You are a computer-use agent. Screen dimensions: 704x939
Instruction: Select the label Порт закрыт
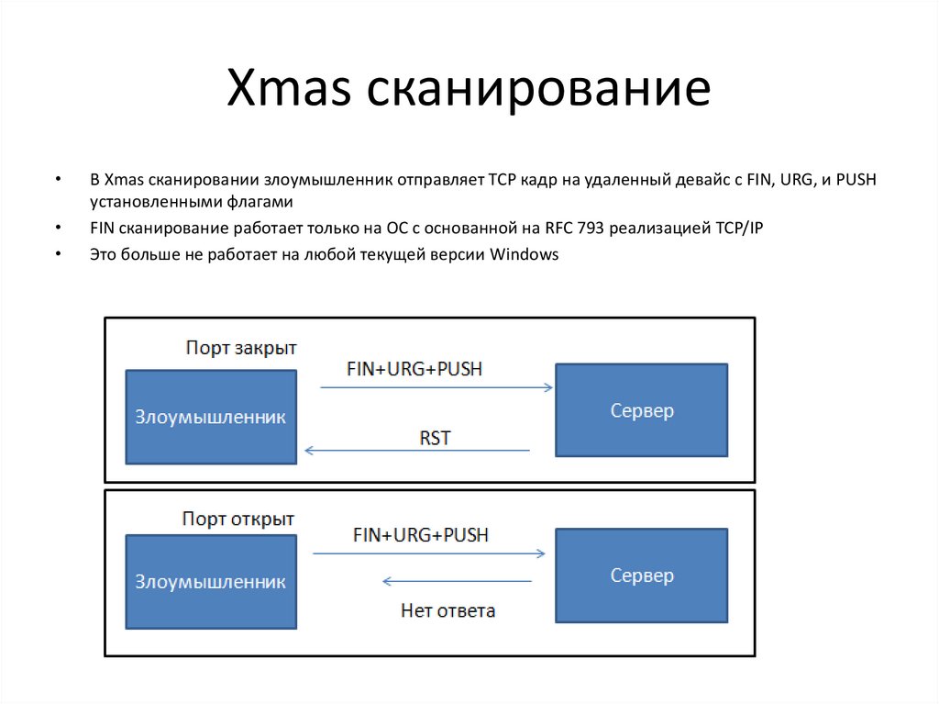(x=241, y=349)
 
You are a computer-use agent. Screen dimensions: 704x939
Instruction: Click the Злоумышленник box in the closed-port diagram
(x=211, y=417)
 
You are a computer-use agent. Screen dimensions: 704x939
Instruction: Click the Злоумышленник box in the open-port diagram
(x=211, y=582)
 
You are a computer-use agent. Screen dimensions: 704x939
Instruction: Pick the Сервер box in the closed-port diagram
(x=642, y=410)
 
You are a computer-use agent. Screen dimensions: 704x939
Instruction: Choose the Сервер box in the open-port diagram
(x=642, y=575)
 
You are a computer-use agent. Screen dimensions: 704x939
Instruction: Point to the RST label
(x=435, y=438)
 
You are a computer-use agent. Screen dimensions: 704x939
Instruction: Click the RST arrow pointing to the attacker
(x=417, y=451)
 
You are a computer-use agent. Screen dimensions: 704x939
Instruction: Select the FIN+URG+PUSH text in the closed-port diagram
(x=414, y=369)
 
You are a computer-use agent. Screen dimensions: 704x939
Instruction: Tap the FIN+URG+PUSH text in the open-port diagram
(x=421, y=534)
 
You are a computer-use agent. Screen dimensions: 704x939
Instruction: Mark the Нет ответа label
(x=448, y=610)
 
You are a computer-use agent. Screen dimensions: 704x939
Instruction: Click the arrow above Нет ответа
(x=457, y=581)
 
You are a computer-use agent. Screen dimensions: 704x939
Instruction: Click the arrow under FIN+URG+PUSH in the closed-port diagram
(x=436, y=388)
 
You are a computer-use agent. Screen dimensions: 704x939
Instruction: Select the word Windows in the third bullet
(x=525, y=254)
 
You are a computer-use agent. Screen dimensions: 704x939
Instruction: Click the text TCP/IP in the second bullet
(x=738, y=228)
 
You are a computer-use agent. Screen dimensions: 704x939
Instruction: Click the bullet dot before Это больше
(x=59, y=254)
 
